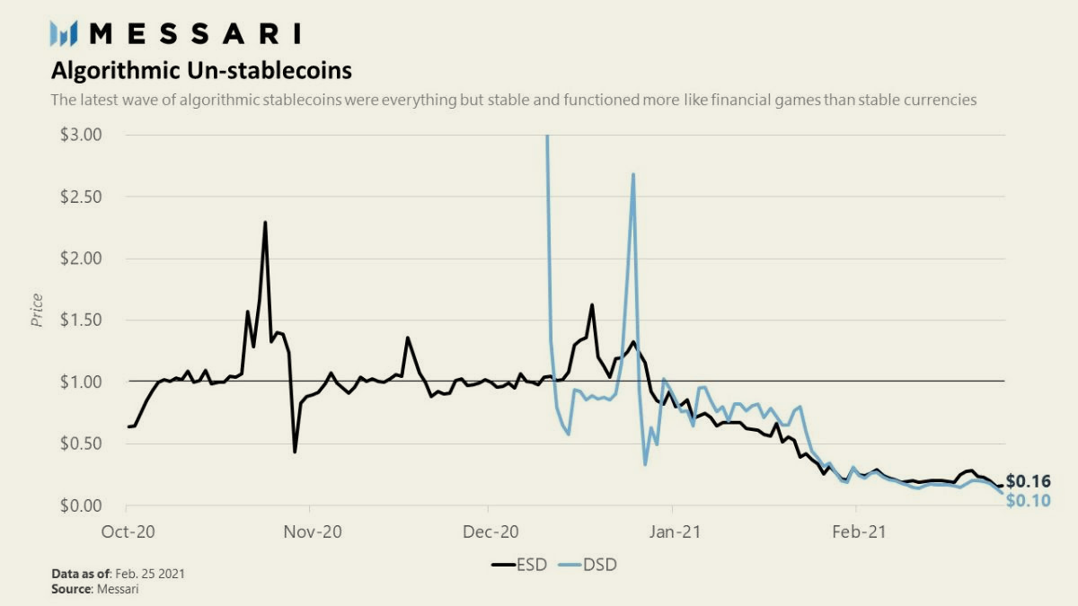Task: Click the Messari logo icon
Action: click(64, 34)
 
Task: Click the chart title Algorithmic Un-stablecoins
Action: click(201, 70)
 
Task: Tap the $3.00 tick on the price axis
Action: click(81, 135)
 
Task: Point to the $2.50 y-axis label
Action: click(81, 197)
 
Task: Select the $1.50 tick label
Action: click(81, 320)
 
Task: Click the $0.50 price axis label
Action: click(81, 444)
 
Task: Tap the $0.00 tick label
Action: click(81, 505)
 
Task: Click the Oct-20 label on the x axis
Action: click(128, 531)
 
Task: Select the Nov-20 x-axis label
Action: click(313, 531)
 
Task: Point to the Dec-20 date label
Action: click(490, 531)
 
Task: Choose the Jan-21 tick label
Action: click(675, 531)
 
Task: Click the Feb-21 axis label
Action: click(859, 531)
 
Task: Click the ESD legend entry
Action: click(519, 565)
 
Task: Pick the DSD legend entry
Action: click(588, 565)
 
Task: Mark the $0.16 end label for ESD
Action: click(1029, 481)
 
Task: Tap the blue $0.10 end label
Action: click(1029, 501)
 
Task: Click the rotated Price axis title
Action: click(37, 311)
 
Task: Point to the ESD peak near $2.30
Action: click(265, 223)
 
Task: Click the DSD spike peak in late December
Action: click(632, 174)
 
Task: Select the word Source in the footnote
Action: click(71, 589)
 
